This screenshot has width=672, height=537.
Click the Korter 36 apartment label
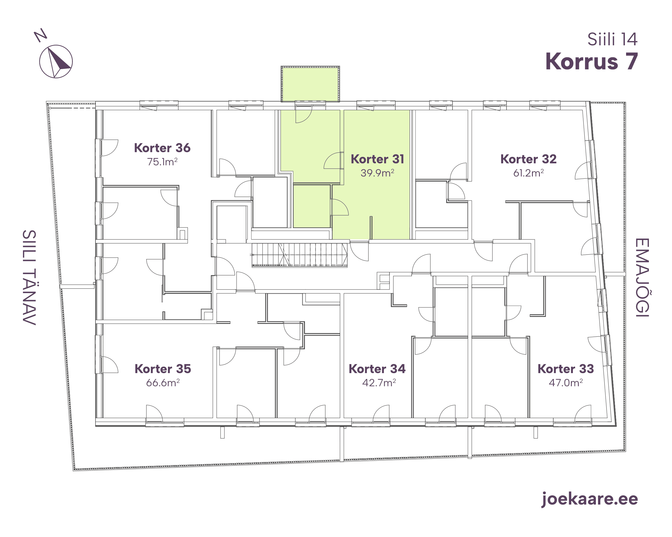[162, 148]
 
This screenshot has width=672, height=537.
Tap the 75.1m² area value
[162, 162]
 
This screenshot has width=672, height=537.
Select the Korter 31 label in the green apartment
[377, 159]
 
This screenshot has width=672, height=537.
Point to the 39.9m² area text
[377, 173]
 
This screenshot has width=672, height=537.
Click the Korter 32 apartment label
[528, 159]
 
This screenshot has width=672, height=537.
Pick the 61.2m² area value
[528, 173]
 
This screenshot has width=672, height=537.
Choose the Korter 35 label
[163, 369]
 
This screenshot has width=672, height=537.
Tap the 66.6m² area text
[163, 383]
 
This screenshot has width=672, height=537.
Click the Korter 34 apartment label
[377, 369]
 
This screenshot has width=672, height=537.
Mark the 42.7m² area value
[379, 383]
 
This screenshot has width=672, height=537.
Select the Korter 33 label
[566, 369]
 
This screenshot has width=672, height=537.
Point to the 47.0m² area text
[566, 383]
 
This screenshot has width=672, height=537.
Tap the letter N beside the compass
[41, 35]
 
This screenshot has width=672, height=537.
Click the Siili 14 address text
[612, 39]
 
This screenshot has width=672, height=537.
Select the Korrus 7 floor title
[592, 61]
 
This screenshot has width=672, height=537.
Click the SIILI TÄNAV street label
[29, 277]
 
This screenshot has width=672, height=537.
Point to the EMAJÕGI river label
[642, 277]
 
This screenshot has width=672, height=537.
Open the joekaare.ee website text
[590, 499]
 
